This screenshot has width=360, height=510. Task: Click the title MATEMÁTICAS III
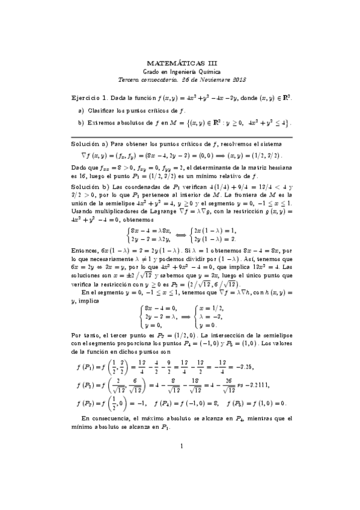pyautogui.click(x=180, y=62)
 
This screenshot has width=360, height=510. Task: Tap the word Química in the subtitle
pyautogui.click(x=206, y=71)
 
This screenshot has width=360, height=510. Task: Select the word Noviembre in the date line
pyautogui.click(x=205, y=79)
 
